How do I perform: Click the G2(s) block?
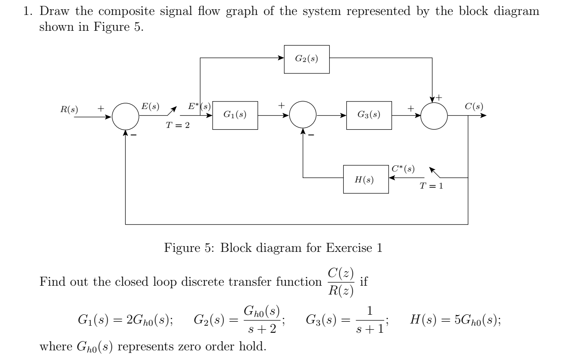pos(307,59)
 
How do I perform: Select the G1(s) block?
pos(235,115)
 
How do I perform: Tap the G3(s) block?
pos(369,115)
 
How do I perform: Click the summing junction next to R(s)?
pos(126,116)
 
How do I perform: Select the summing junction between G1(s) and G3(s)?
pos(302,116)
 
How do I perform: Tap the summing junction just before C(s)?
pos(434,116)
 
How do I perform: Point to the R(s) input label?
pos(69,109)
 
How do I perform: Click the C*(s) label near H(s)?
pos(402,169)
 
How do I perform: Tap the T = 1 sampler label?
pos(431,185)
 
